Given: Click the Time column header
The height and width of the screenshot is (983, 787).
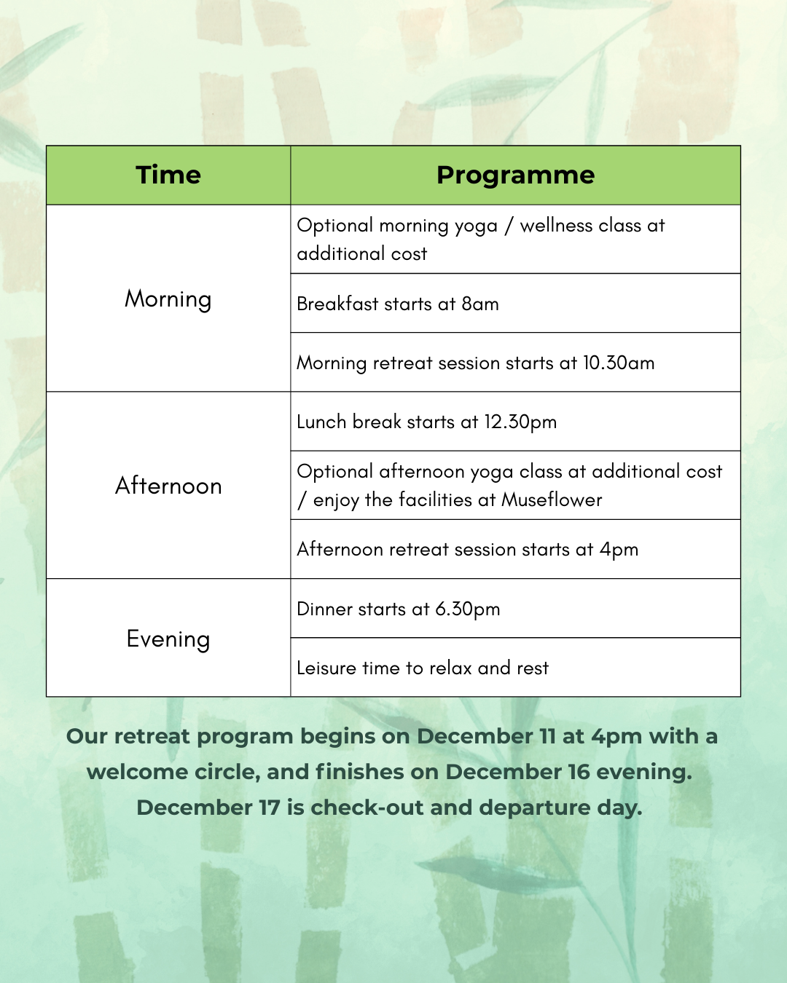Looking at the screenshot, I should click(x=168, y=175).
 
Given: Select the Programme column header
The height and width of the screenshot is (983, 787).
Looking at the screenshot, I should click(x=515, y=175).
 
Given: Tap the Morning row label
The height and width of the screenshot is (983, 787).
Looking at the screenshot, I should click(x=168, y=299).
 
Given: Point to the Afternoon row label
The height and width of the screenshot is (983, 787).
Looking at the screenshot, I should click(x=168, y=486).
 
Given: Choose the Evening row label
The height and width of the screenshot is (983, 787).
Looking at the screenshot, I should click(x=168, y=639).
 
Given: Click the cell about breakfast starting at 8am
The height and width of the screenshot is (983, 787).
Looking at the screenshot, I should click(x=398, y=304).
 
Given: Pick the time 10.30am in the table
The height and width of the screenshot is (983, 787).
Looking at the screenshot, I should click(x=619, y=363).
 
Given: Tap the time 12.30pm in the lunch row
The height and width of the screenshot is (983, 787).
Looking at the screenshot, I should click(x=520, y=422).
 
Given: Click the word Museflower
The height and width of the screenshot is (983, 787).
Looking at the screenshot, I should click(x=552, y=500).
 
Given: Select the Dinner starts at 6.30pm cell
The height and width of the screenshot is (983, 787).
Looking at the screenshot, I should click(x=399, y=609).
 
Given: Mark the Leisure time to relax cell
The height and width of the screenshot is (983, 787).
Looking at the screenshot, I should click(x=423, y=668).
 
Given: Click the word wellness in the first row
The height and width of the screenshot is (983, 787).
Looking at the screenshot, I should click(x=556, y=226).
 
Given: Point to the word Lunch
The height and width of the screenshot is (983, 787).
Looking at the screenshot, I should click(x=321, y=422).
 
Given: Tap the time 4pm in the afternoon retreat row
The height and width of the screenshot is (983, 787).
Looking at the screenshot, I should click(x=619, y=550).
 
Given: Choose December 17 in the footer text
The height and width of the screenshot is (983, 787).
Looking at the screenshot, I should click(x=208, y=808).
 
